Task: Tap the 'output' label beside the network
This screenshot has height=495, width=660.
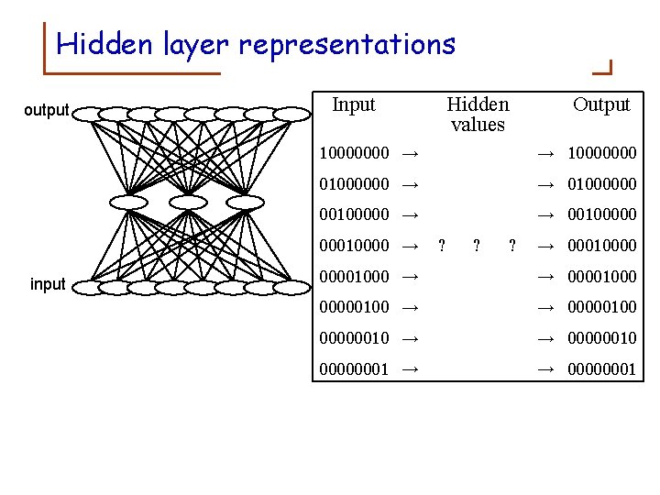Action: click(x=46, y=111)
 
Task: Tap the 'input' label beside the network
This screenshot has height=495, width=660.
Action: click(x=48, y=284)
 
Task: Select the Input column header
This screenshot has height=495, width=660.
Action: click(x=354, y=104)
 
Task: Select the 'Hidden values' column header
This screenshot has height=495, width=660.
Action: click(x=478, y=114)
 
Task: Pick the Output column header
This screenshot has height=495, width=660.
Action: click(x=601, y=104)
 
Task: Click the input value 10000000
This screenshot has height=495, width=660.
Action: click(x=354, y=152)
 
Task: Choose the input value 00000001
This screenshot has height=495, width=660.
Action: click(x=354, y=369)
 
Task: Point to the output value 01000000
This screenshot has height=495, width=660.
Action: click(x=601, y=184)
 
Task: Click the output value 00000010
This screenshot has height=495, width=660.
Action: click(x=601, y=338)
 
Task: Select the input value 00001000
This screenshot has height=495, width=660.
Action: click(x=354, y=276)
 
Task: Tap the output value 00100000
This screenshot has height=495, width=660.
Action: click(x=601, y=215)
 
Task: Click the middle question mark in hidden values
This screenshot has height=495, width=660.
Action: click(x=477, y=246)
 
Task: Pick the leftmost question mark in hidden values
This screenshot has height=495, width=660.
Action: click(x=442, y=246)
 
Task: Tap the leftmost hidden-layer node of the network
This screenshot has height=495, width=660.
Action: click(x=128, y=202)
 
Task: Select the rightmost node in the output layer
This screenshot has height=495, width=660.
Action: click(x=291, y=114)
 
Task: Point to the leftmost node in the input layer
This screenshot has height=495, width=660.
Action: click(x=90, y=288)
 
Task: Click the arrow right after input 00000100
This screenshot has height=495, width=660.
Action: click(x=411, y=307)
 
